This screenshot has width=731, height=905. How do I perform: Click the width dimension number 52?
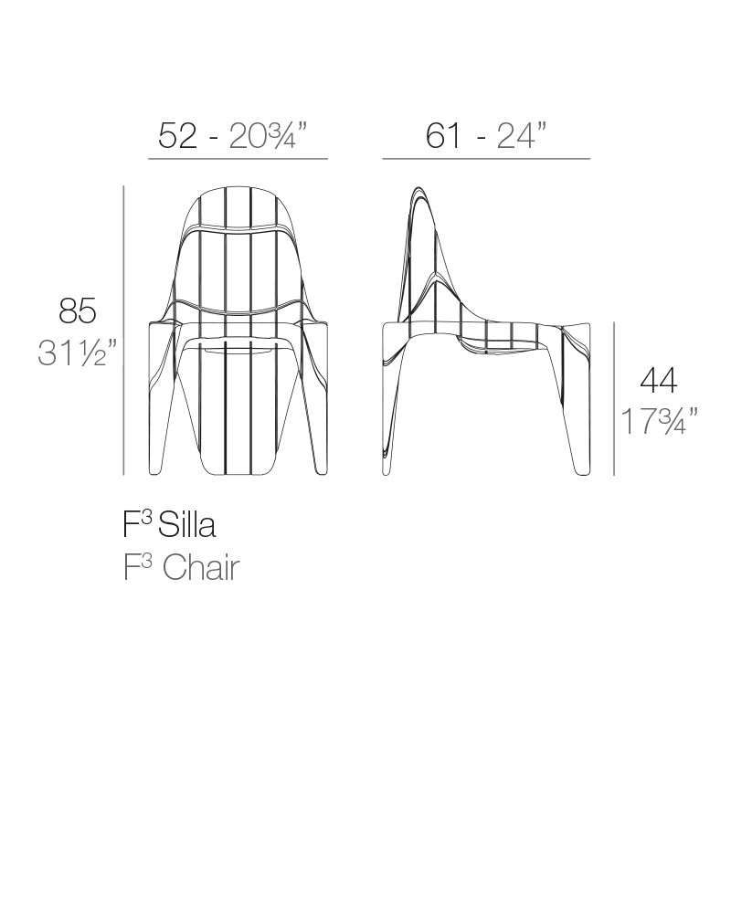pyautogui.click(x=177, y=136)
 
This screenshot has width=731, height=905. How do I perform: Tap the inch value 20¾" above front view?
pyautogui.click(x=267, y=136)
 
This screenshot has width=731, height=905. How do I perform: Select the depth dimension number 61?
pyautogui.click(x=443, y=136)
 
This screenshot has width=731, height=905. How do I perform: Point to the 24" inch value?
pyautogui.click(x=522, y=136)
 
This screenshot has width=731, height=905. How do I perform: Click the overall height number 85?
pyautogui.click(x=78, y=311)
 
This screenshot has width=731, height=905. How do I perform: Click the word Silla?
pyautogui.click(x=187, y=525)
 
